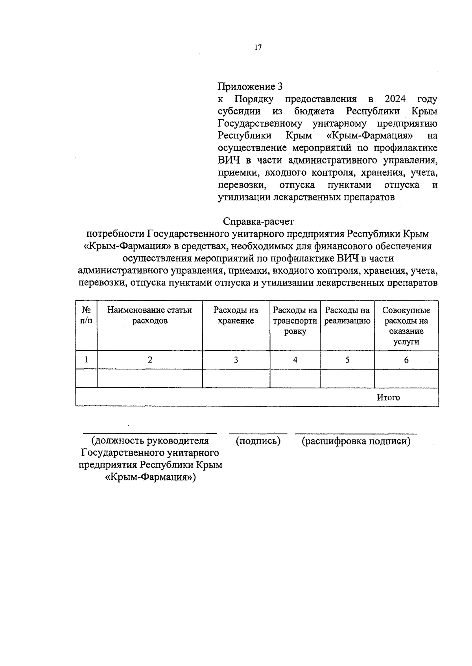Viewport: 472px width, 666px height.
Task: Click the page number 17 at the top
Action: pos(258,48)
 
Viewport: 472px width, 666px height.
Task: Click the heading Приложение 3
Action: pos(250,86)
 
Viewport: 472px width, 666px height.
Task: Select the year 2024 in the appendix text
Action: pos(395,99)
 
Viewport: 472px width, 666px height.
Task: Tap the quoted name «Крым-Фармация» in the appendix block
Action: pos(370,136)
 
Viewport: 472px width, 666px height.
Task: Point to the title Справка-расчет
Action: pos(258,222)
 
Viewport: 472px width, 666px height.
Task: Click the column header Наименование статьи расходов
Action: pos(149,315)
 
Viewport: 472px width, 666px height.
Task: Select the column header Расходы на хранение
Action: pos(236,315)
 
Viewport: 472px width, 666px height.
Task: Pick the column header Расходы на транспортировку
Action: pos(295,320)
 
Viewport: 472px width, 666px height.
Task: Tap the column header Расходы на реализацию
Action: pos(347,315)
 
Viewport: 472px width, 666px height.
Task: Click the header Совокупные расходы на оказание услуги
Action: pos(406,326)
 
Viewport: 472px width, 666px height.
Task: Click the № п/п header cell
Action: pos(86,315)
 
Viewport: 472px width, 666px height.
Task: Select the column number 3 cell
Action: pos(236,360)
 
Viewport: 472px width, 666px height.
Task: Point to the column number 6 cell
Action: pos(406,360)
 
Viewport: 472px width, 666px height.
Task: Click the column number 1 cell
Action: pos(86,360)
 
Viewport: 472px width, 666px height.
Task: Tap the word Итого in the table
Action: pos(388,397)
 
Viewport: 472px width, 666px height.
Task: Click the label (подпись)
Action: pos(258,441)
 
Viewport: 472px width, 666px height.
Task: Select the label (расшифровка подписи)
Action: pos(356,441)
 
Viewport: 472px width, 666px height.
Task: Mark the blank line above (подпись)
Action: pos(258,433)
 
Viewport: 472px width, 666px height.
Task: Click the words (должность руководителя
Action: pos(150,441)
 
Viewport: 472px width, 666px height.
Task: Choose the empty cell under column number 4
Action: pos(295,378)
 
